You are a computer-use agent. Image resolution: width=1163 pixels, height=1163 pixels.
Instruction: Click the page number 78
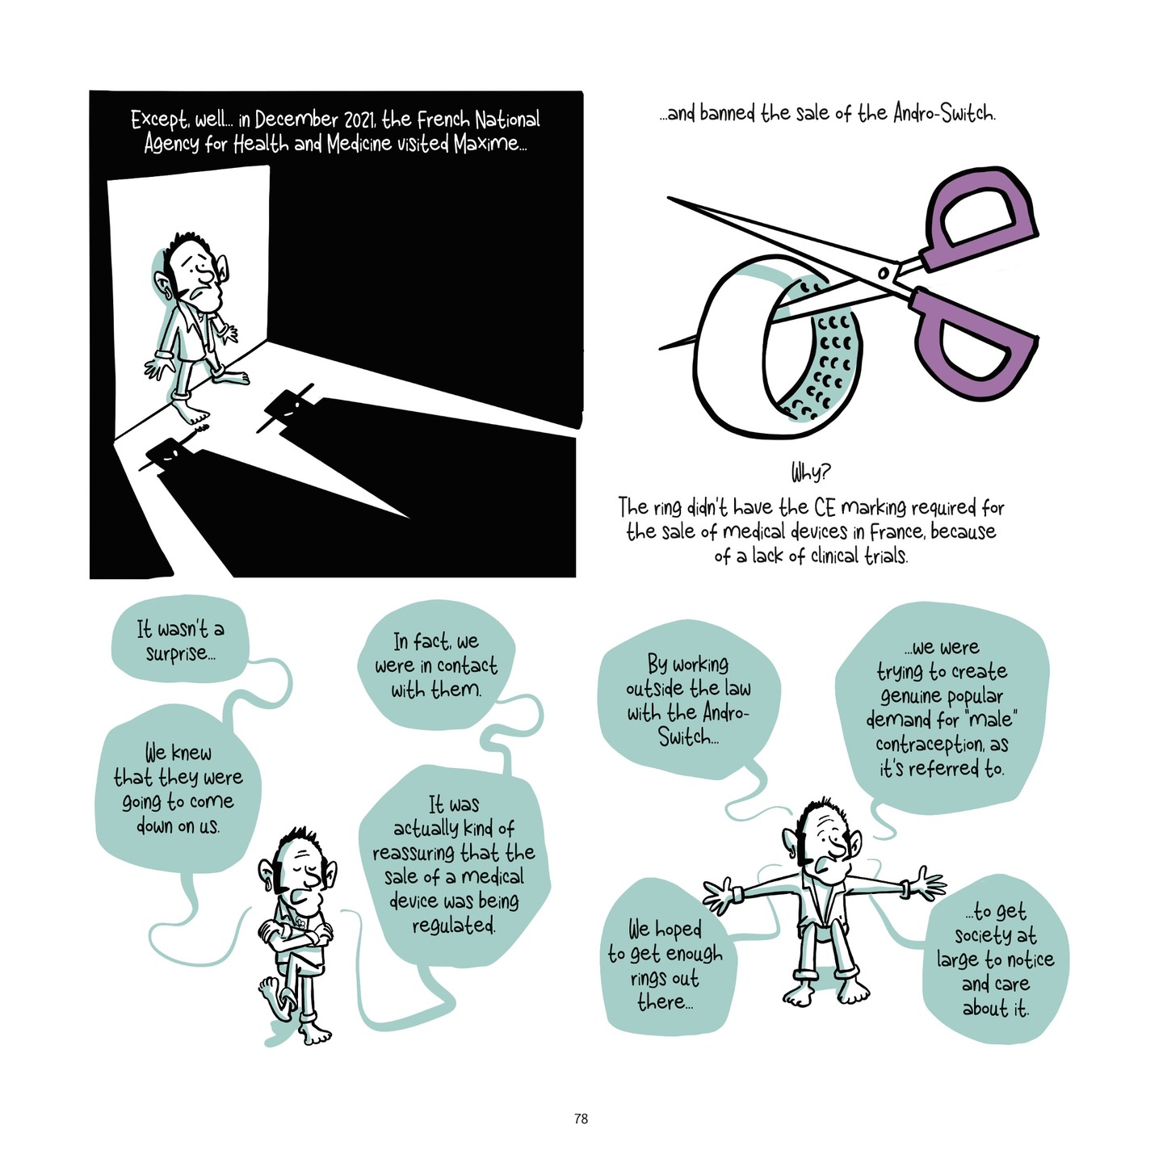[x=581, y=1119]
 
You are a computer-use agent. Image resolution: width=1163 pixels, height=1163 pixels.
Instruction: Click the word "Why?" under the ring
[x=810, y=471]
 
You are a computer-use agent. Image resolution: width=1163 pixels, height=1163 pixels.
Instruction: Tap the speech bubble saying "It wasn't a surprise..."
[x=180, y=641]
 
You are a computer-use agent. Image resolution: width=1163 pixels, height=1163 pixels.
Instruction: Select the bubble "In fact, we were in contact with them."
[x=435, y=665]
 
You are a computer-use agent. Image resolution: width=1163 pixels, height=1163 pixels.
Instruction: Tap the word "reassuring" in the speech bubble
[x=416, y=853]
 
